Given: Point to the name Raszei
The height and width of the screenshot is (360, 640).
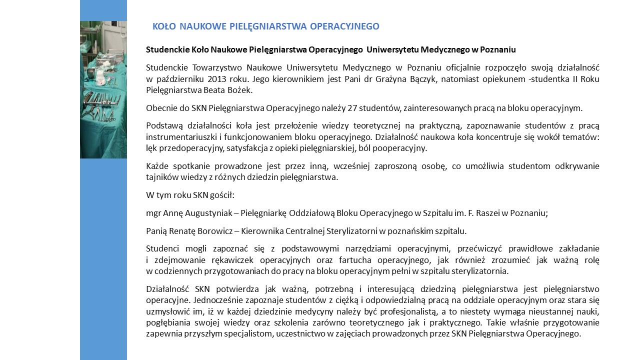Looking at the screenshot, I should coord(481,213).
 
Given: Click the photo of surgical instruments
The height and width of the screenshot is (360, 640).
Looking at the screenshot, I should coord(103,89).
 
